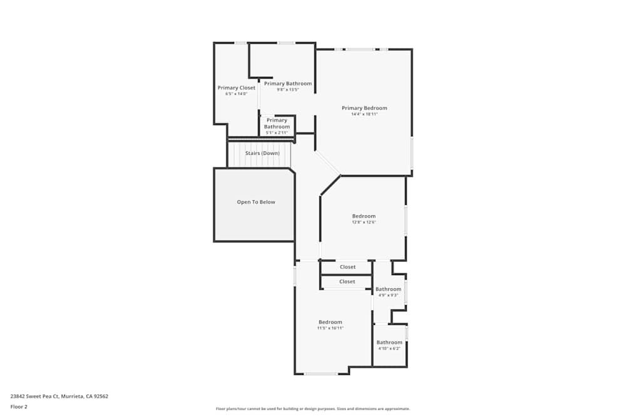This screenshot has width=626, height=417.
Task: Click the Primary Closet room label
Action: pyautogui.click(x=236, y=88)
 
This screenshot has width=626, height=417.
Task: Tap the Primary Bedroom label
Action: pyautogui.click(x=364, y=108)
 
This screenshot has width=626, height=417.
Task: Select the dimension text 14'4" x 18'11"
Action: pyautogui.click(x=364, y=114)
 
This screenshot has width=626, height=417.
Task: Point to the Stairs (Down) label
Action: pyautogui.click(x=262, y=153)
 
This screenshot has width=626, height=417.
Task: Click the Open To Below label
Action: pyautogui.click(x=255, y=202)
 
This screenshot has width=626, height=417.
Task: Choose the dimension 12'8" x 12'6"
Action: pyautogui.click(x=364, y=222)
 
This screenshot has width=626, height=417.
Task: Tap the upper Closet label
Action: pyautogui.click(x=347, y=267)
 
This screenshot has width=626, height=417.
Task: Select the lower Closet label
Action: pyautogui.click(x=347, y=281)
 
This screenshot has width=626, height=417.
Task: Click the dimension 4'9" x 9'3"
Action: pyautogui.click(x=388, y=295)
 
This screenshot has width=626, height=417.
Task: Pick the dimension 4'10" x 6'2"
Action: pyautogui.click(x=389, y=348)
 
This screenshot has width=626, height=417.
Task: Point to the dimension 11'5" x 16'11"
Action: pyautogui.click(x=330, y=328)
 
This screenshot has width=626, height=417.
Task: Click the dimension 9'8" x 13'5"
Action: pyautogui.click(x=287, y=89)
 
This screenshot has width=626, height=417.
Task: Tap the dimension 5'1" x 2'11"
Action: pyautogui.click(x=277, y=133)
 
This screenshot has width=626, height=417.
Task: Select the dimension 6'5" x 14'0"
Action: pyautogui.click(x=236, y=94)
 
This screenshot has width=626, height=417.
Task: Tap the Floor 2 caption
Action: pyautogui.click(x=19, y=406)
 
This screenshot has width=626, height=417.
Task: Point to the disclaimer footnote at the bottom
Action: pyautogui.click(x=313, y=409)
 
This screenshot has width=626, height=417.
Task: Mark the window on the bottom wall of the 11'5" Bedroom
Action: pyautogui.click(x=321, y=374)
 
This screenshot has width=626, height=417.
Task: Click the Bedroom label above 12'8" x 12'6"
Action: pyautogui.click(x=364, y=216)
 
